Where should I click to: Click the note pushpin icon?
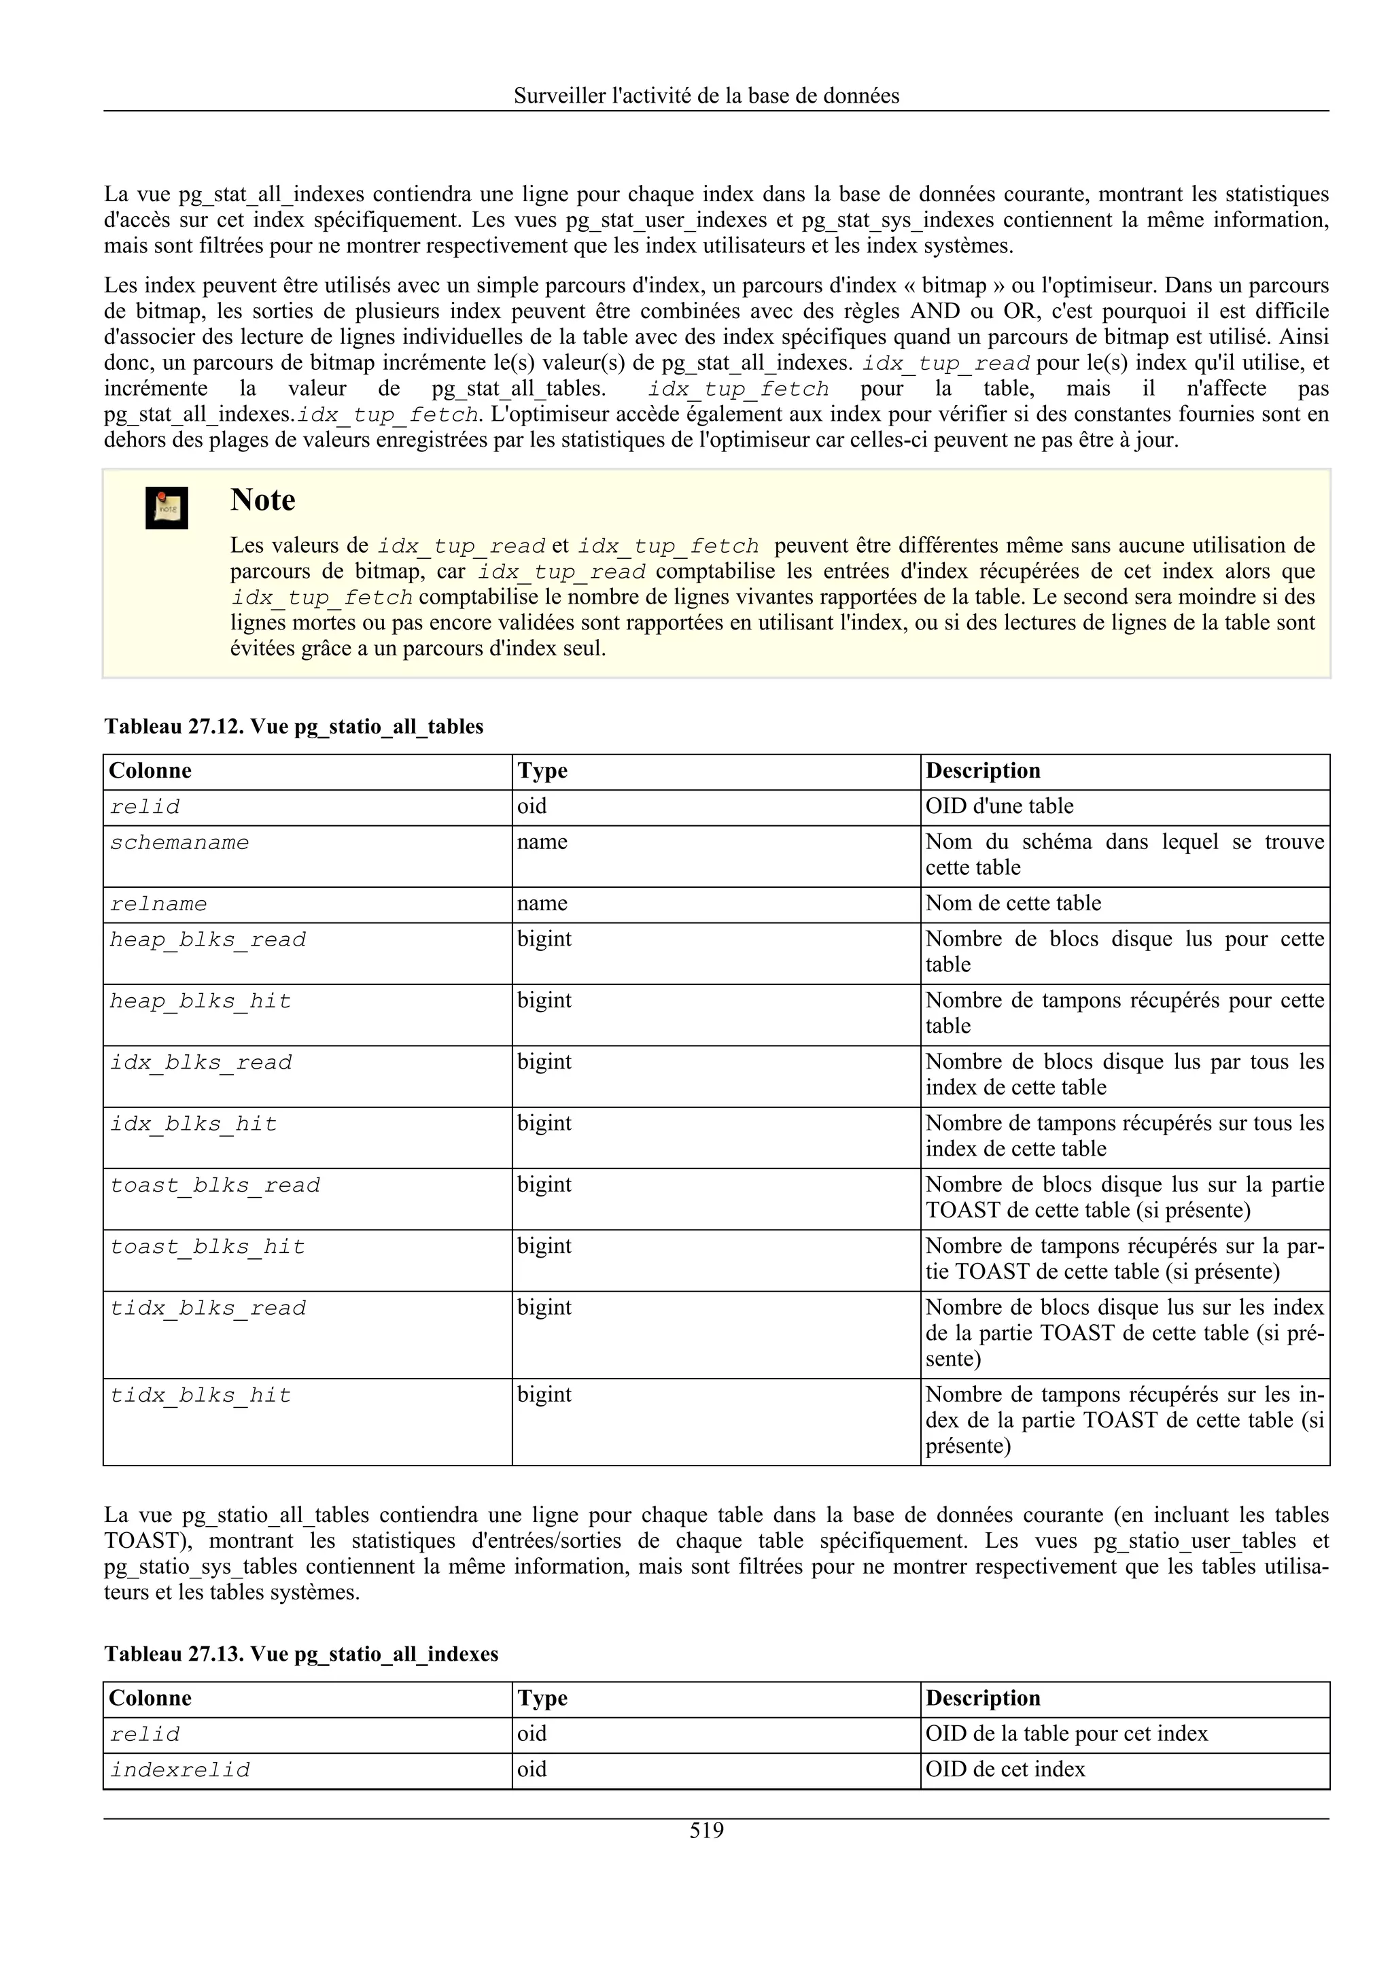coord(167,507)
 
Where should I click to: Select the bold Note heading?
coord(262,500)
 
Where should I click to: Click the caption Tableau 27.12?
coord(294,727)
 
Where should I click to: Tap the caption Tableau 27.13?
coord(301,1655)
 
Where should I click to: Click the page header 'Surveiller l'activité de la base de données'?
coord(706,96)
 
